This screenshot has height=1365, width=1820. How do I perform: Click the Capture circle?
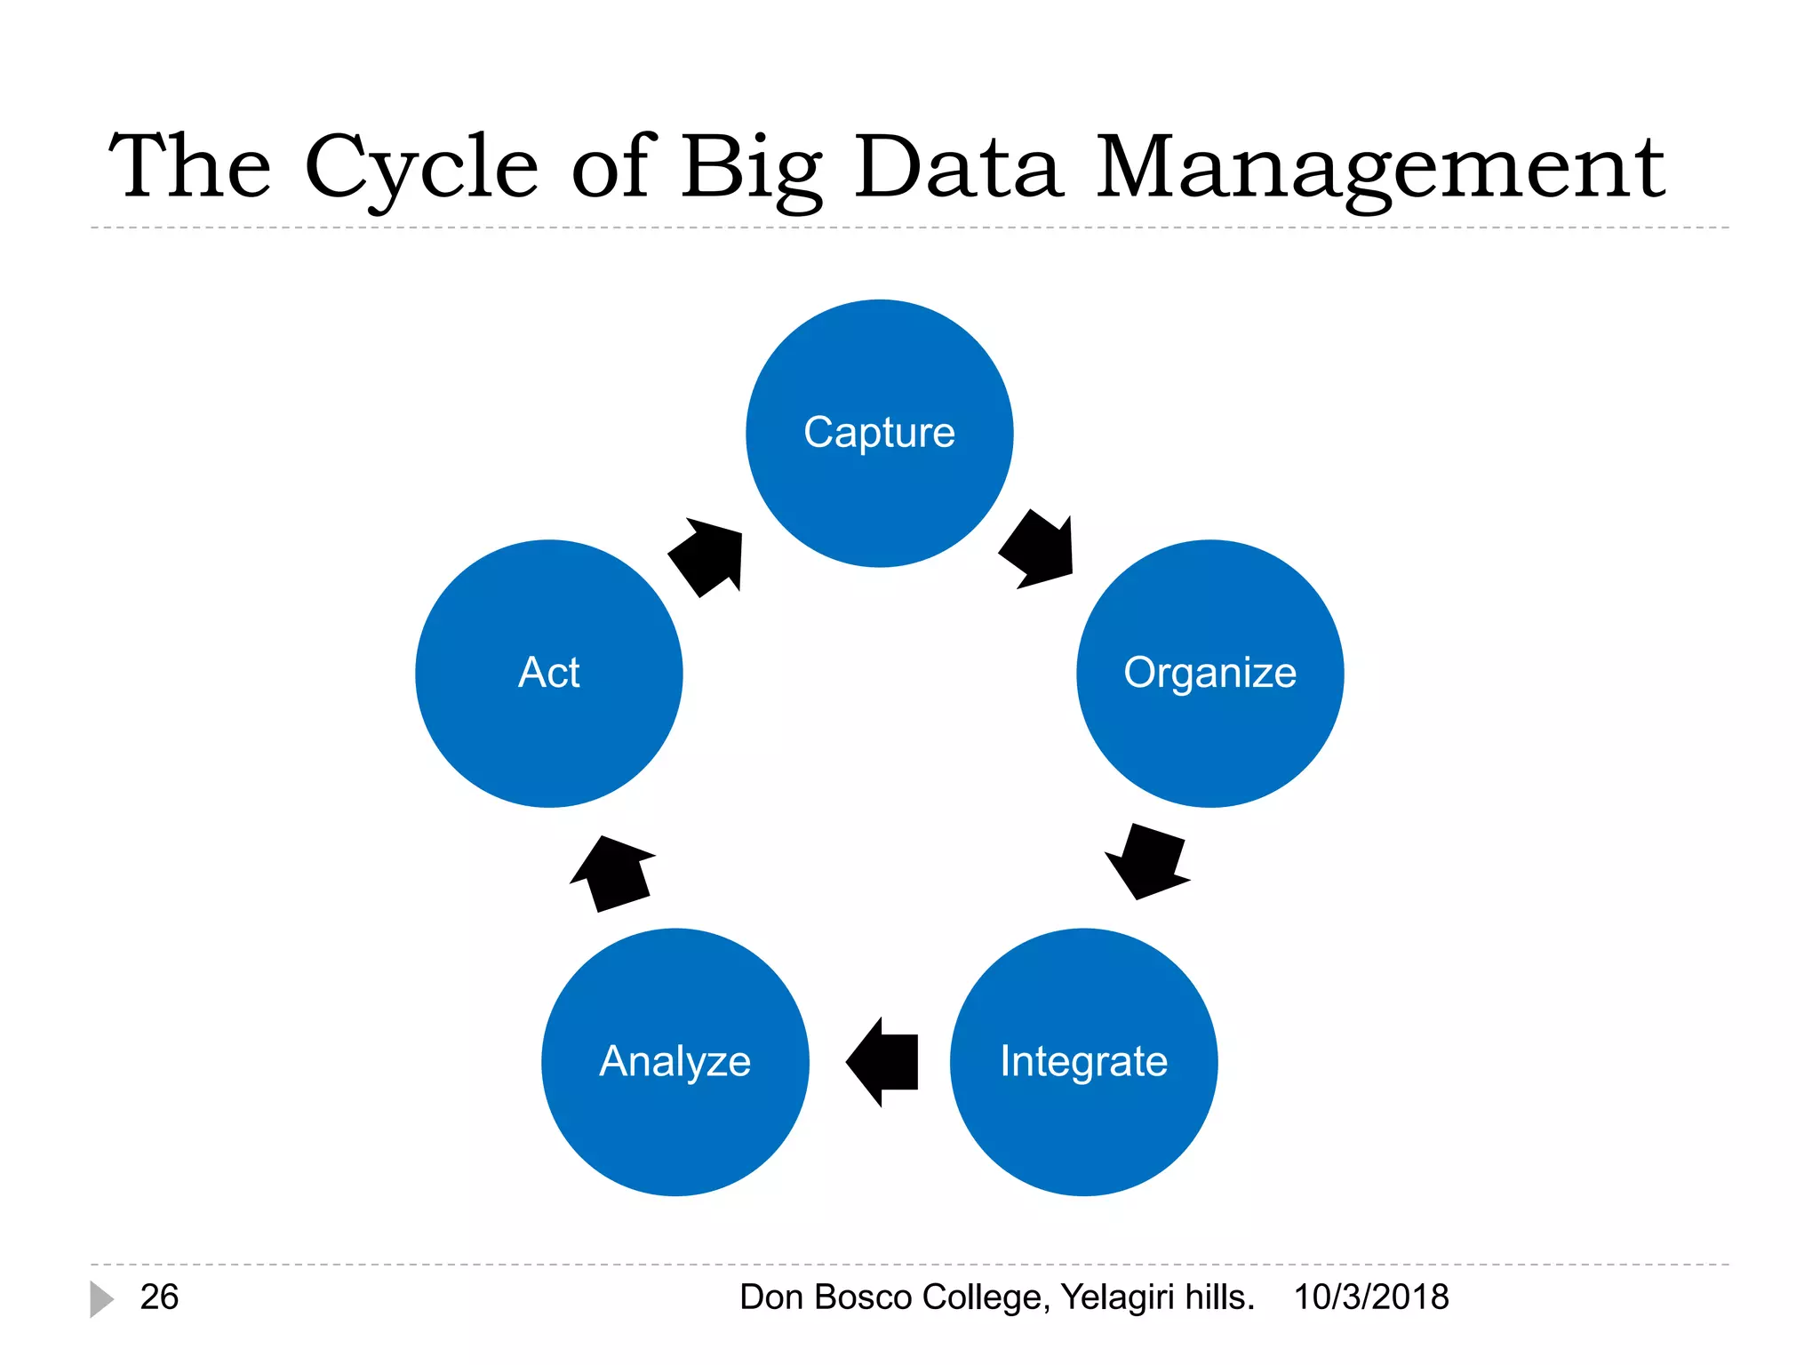click(x=879, y=433)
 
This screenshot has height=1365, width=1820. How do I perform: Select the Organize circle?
click(x=1209, y=674)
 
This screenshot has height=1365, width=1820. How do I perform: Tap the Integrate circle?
click(x=1083, y=1062)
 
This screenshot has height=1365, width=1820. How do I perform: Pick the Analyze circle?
click(x=675, y=1062)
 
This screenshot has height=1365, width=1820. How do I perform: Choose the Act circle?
click(x=549, y=674)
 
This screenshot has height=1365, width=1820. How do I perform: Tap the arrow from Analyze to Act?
click(x=613, y=874)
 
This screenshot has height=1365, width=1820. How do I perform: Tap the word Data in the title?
click(x=958, y=167)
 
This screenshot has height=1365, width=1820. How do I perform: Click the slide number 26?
click(x=159, y=1297)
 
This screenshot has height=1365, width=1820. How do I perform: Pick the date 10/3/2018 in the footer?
click(x=1371, y=1297)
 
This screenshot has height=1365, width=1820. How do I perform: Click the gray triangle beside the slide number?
click(x=100, y=1299)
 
